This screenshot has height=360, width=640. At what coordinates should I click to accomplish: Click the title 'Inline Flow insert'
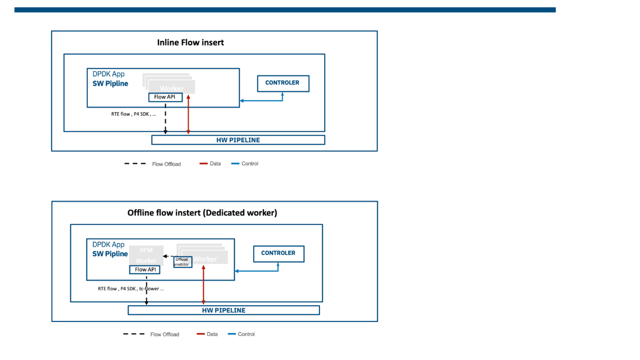pos(190,43)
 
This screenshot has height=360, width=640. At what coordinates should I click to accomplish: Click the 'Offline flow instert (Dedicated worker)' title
pos(202,213)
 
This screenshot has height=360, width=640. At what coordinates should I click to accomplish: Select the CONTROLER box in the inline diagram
pos(283,83)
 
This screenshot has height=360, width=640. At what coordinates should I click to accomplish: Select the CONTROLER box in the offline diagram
pos(278,253)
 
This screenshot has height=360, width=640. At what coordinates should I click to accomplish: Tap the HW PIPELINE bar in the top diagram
pos(238,140)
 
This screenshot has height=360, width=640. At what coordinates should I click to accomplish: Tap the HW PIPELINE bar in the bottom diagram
pos(224,310)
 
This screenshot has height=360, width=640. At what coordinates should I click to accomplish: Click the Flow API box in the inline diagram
pos(165,97)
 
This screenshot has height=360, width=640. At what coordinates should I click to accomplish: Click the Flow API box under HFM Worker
pos(145,270)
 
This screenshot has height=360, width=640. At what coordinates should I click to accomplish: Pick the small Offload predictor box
pos(183,262)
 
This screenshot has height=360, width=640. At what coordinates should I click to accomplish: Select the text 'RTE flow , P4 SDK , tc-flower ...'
pos(131,289)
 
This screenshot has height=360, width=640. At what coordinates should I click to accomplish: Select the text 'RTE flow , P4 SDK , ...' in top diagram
pos(134,114)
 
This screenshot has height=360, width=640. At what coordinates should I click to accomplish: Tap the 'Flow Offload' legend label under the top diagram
pos(166,164)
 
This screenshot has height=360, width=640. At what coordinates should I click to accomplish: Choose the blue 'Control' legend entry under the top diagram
pos(249,163)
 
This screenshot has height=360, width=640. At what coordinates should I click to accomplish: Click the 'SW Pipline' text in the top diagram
pos(110,83)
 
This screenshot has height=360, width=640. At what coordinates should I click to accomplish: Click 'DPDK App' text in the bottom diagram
pos(108,244)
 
